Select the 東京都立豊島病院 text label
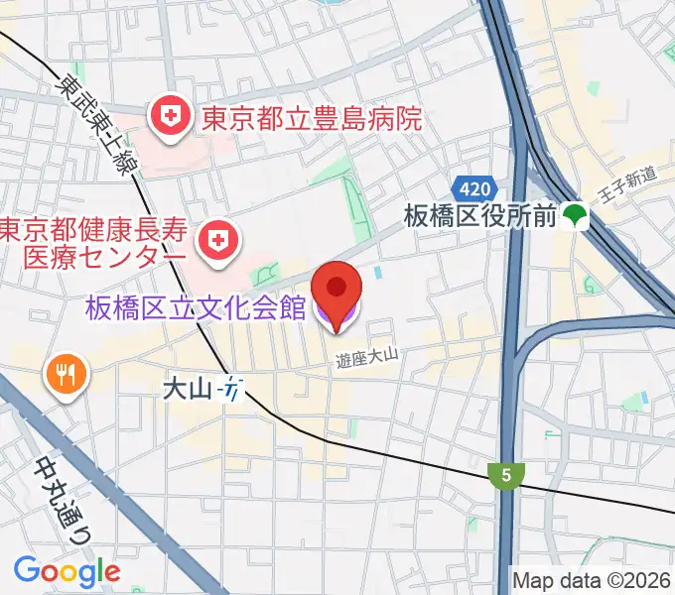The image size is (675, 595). click(312, 120)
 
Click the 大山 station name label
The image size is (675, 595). click(188, 390)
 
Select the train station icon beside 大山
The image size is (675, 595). click(231, 390)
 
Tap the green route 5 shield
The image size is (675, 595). click(506, 475)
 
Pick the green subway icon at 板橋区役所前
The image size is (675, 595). click(574, 213)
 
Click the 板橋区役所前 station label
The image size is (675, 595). click(480, 215)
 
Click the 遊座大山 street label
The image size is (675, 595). click(365, 365)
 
